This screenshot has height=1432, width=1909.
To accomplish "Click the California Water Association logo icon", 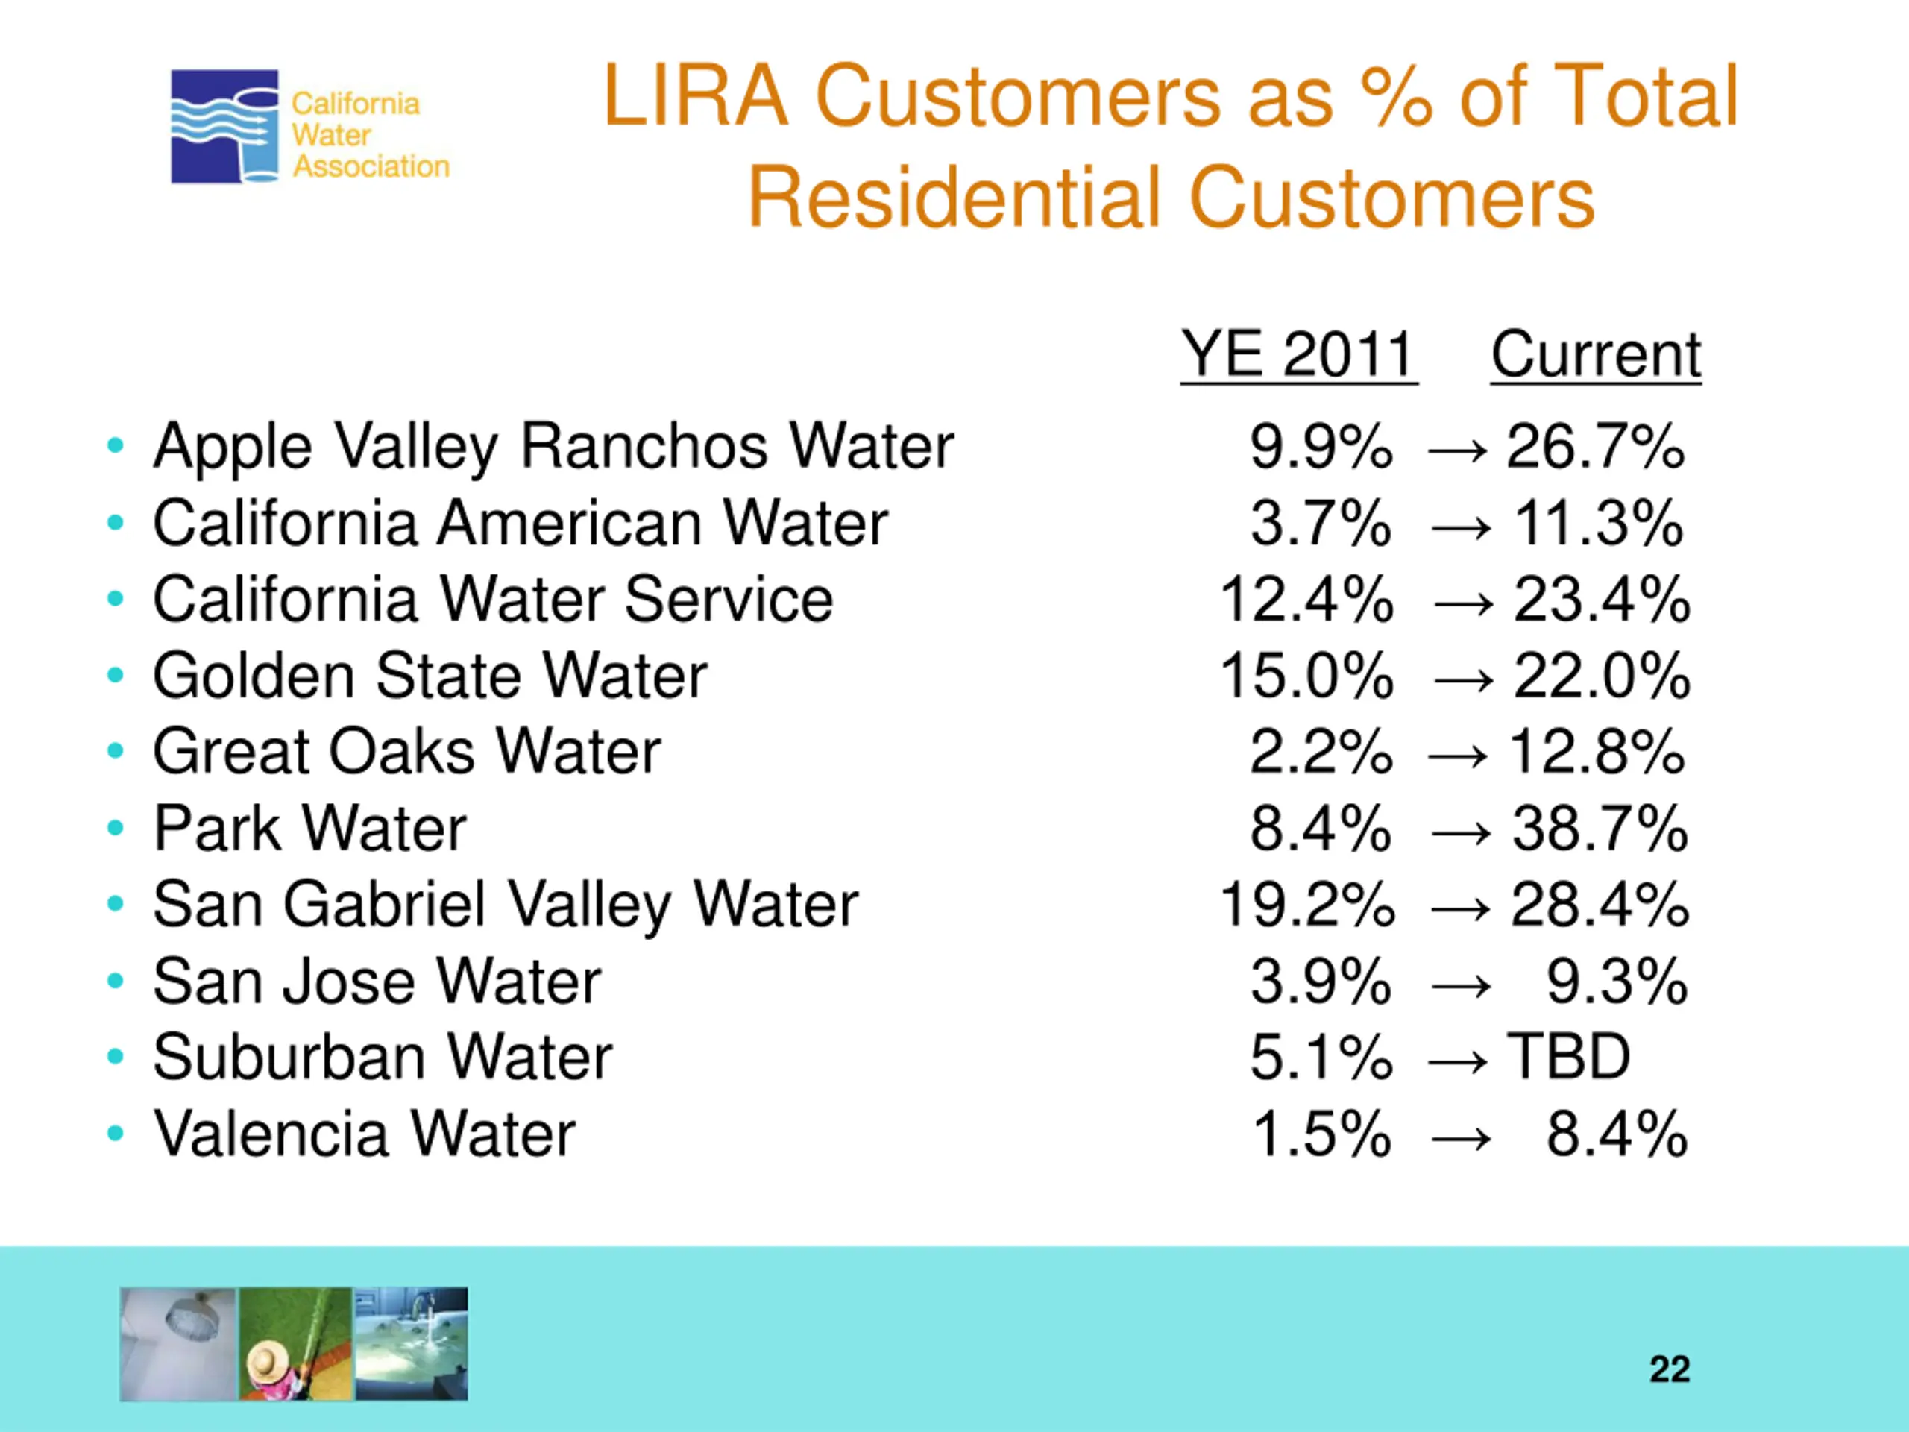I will tap(224, 126).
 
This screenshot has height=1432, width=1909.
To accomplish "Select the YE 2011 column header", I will tap(1298, 354).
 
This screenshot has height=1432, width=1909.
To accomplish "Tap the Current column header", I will tap(1596, 354).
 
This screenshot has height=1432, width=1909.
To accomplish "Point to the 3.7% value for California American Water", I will tap(1321, 524).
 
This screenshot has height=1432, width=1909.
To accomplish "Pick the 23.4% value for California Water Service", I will tap(1601, 600).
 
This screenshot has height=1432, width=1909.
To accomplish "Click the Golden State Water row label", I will tap(430, 676).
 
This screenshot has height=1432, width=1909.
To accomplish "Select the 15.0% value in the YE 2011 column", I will tap(1306, 676).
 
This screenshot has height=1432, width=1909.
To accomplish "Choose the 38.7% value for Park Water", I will tap(1600, 829).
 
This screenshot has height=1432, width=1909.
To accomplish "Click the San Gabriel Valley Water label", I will tap(505, 905).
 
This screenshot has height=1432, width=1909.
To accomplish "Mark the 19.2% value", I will tap(1306, 905).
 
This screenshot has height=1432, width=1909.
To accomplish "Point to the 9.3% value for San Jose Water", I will tap(1616, 982).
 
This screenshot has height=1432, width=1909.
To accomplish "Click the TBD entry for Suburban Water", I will tap(1568, 1058).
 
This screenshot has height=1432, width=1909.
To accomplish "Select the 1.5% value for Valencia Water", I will tap(1321, 1134).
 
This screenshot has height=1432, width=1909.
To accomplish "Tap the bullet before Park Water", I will tap(115, 829).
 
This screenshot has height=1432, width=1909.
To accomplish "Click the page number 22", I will tap(1669, 1370).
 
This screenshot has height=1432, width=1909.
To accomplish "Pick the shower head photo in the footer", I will tap(179, 1344).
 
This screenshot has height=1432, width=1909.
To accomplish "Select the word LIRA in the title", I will tap(696, 97).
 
